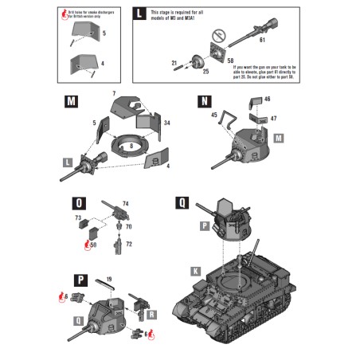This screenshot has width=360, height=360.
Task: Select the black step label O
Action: pyautogui.click(x=77, y=202)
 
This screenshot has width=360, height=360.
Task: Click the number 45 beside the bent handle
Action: pyautogui.click(x=214, y=115)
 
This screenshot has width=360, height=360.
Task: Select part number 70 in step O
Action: pyautogui.click(x=128, y=227)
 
